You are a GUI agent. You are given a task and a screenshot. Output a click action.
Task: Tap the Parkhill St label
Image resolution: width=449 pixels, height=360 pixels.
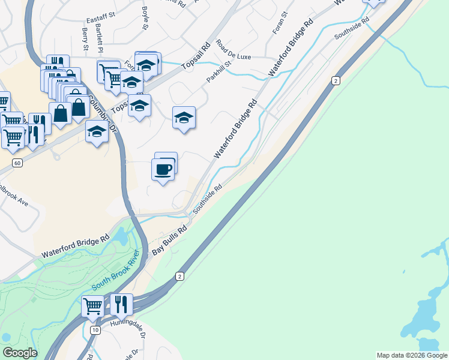tap(219, 71)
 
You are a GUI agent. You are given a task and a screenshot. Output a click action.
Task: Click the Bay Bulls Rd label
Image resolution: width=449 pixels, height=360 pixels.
tap(170, 241)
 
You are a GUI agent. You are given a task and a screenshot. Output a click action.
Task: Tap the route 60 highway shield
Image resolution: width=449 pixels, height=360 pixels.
tap(17, 163)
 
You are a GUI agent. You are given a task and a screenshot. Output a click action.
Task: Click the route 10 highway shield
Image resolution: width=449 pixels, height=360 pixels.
tap(95, 331)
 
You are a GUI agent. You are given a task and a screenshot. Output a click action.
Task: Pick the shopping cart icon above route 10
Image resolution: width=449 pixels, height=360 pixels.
tap(92, 306)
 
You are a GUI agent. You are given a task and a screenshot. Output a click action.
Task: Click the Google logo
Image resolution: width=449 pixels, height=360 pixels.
tap(20, 353)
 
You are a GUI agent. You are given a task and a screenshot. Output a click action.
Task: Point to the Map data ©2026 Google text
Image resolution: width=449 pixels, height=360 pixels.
tap(412, 355)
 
